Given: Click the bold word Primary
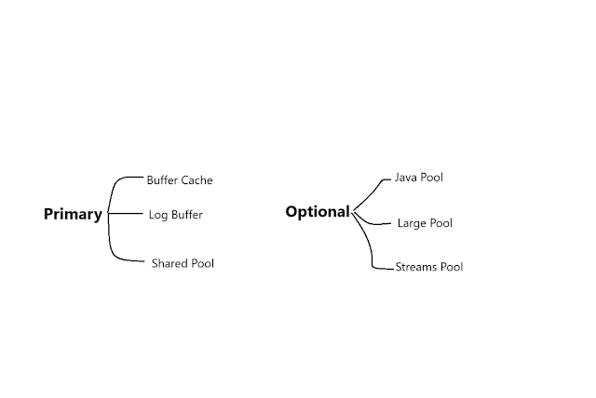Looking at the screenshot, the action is coord(73,215).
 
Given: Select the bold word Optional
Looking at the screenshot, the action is coord(317,212).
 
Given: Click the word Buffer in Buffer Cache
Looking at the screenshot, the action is coord(164,180).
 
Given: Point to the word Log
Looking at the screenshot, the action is coord(158,216).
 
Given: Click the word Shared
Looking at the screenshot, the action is coord(170,263).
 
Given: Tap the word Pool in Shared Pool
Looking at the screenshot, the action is coord(203,263).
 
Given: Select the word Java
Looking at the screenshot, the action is coord(407,177).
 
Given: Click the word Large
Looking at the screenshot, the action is coord(413,223).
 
